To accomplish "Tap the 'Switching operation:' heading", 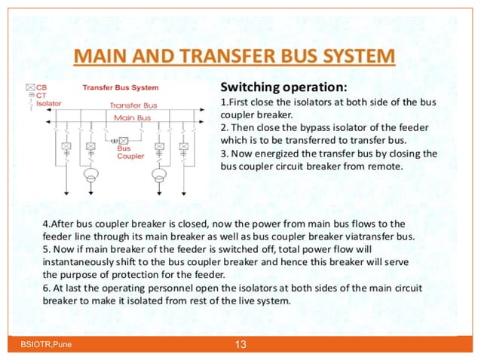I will (283, 86).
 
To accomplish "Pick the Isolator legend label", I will (47, 102).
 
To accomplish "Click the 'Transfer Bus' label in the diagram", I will (133, 106).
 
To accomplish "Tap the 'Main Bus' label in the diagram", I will (132, 118).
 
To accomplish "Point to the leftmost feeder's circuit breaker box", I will (66, 145).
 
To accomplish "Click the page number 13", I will (241, 345).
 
